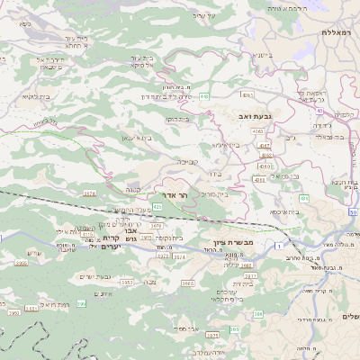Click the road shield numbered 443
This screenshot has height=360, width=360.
(x=205, y=96)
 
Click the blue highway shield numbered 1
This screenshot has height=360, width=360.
(x=280, y=245)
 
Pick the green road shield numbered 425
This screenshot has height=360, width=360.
(x=157, y=206)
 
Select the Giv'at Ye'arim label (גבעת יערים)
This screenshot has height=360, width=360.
(x=94, y=276)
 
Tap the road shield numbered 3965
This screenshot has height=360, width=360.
(x=187, y=283)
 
